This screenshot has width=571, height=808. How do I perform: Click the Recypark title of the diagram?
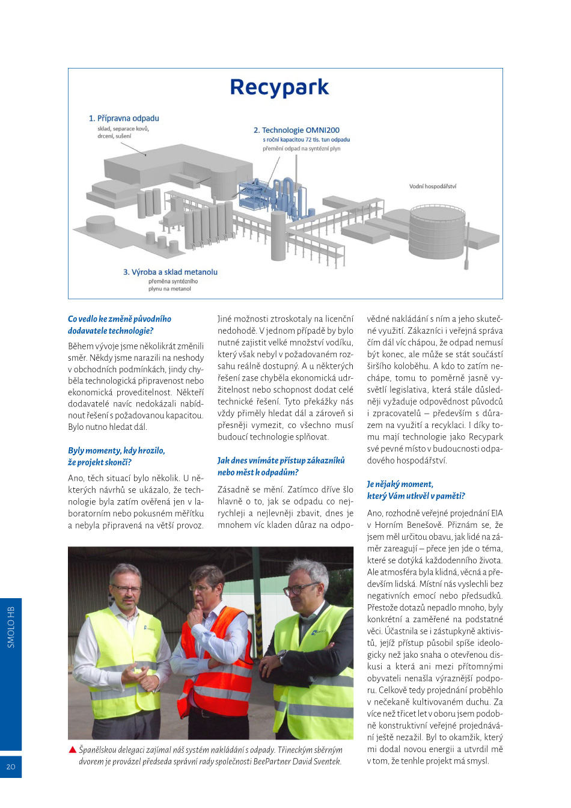[279, 88]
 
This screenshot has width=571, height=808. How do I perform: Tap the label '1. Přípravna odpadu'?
[124, 118]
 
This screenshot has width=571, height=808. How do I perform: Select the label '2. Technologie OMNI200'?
[296, 130]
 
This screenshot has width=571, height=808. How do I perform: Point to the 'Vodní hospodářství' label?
[433, 186]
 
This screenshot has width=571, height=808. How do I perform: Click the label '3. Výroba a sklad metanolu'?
[170, 272]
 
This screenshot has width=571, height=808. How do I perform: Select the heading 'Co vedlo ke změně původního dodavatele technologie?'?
[120, 325]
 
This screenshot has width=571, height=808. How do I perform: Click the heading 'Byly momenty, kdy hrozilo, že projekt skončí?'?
[116, 456]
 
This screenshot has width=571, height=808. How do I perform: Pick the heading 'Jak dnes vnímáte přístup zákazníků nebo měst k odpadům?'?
[281, 466]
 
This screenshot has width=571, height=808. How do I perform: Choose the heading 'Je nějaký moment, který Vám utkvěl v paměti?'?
[416, 490]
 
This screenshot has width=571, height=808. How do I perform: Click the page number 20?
[11, 767]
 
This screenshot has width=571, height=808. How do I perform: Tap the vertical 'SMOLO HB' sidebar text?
[11, 627]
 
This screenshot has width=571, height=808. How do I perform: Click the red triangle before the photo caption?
[73, 750]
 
